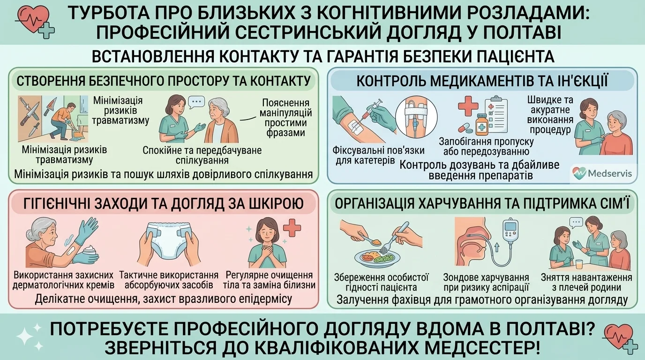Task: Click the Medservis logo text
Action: point(610,173)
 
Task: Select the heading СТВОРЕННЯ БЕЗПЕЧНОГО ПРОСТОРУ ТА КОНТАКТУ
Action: point(164,81)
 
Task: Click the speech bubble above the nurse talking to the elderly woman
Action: point(196,101)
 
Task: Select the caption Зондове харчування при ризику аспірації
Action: point(486,282)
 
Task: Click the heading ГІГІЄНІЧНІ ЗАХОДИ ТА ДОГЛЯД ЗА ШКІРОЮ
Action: point(164,203)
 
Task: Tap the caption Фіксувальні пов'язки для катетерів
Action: point(378,155)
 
